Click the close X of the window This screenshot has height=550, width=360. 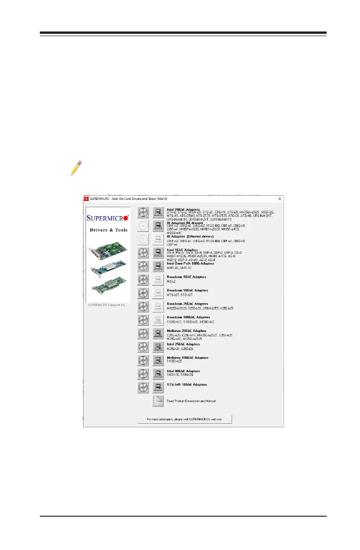click(279, 199)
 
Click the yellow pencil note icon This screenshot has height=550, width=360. click(75, 168)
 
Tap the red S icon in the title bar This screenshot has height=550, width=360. click(86, 199)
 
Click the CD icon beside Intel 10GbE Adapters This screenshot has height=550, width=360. click(143, 213)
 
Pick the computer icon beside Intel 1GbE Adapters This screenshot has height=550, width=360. click(158, 253)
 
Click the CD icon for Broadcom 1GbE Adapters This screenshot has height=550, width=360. click(143, 280)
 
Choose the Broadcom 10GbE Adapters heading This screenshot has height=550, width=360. click(187, 290)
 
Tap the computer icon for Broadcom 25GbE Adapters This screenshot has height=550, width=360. click(158, 306)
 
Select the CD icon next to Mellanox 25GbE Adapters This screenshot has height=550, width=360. click(143, 333)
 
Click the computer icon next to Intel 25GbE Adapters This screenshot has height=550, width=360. click(158, 347)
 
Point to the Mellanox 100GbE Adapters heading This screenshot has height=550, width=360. click(187, 357)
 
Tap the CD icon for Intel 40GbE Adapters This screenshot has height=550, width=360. click(143, 374)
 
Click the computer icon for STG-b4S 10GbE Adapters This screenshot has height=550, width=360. click(158, 387)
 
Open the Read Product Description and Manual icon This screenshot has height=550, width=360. click(158, 401)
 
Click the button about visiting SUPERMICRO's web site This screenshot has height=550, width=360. click(185, 419)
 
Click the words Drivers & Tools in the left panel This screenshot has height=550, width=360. click(108, 230)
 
